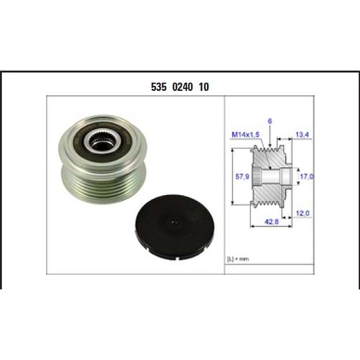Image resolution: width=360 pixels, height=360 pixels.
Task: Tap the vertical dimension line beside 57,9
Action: pyautogui.click(x=232, y=176)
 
